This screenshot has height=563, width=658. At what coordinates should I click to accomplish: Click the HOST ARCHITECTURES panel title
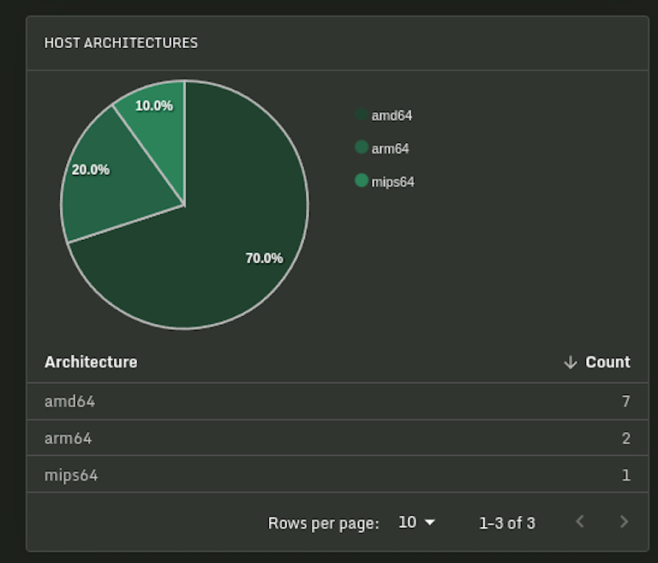121,43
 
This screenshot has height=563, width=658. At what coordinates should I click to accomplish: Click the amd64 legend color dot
362,115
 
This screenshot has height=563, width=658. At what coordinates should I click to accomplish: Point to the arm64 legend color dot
362,147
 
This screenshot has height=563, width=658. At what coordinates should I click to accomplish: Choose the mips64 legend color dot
362,181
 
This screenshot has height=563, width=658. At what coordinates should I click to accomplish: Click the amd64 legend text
392,116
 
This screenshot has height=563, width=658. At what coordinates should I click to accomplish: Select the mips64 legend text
393,182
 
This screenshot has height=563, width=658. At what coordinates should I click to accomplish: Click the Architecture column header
91,362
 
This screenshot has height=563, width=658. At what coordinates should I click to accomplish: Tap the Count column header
607,362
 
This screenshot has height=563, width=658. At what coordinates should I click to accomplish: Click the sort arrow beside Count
571,362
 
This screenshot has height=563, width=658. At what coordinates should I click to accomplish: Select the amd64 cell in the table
69,401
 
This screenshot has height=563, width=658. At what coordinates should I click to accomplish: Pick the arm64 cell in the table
68,438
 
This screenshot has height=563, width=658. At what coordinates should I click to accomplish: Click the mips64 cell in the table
71,475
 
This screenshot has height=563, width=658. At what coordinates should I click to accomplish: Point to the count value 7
626,401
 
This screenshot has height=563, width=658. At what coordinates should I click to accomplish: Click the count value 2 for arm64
626,438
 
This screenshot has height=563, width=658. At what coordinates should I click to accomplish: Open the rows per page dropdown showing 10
417,522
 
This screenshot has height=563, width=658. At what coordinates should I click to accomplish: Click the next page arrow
624,522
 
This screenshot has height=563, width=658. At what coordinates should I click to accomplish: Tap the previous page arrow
580,522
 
